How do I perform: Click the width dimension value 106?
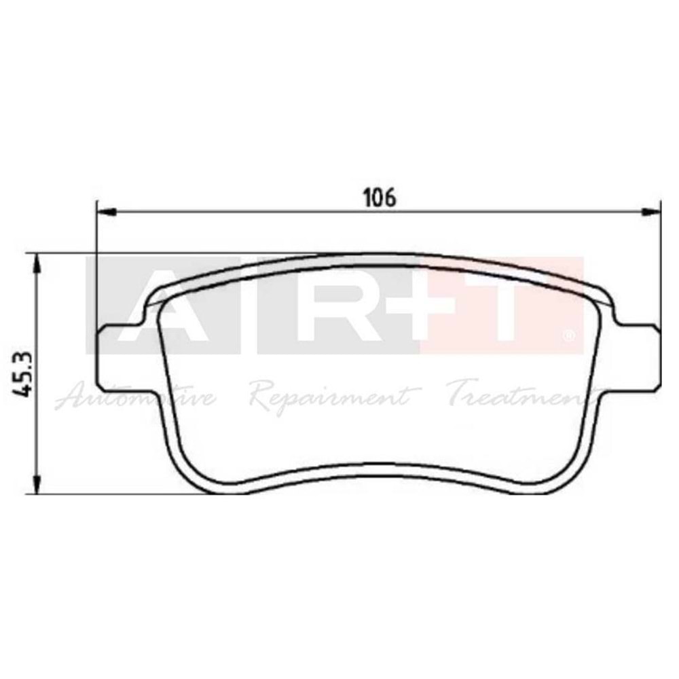(x=379, y=198)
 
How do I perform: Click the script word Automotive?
(x=136, y=395)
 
